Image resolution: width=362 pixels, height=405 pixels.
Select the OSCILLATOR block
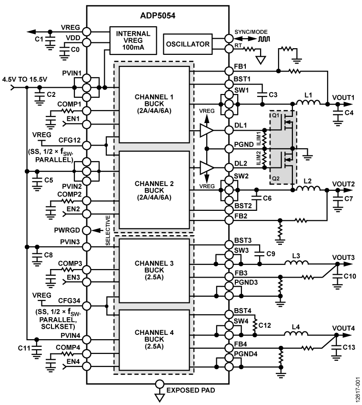point(187,44)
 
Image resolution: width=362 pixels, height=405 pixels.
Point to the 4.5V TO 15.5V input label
point(24,79)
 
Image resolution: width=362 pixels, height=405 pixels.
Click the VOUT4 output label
point(342,329)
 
